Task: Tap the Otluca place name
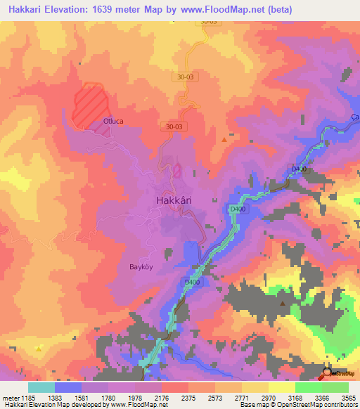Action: pos(113,122)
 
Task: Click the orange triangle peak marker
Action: pos(224,139)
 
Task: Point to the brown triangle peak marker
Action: pos(283,304)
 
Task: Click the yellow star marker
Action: pos(39,347)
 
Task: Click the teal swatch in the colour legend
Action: pos(41,388)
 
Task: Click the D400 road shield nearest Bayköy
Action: pos(192,282)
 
